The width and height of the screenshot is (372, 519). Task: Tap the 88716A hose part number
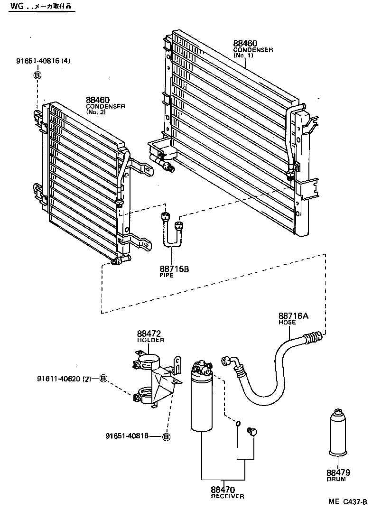click(293, 316)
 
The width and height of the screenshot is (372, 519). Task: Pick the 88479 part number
click(338, 473)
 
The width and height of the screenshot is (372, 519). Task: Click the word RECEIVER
click(227, 496)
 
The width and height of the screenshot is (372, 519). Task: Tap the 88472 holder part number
click(150, 334)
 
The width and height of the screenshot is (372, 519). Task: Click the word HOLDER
click(150, 340)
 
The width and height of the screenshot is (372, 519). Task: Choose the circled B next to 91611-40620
click(103, 379)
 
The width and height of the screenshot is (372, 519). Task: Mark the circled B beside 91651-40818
click(166, 436)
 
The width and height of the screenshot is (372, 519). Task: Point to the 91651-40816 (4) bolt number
click(43, 61)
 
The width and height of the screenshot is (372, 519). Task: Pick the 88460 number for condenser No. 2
click(98, 100)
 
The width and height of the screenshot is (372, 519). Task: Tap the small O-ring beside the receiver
click(238, 423)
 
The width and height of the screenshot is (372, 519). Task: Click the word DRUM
click(336, 479)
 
